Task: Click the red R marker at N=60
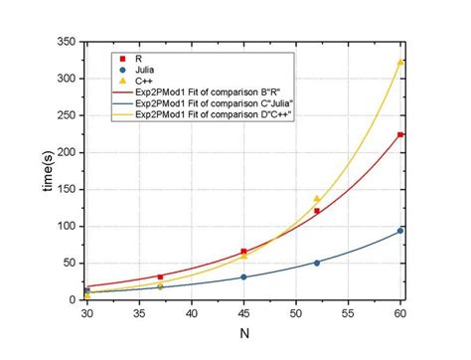point(400,134)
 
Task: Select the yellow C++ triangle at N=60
point(400,62)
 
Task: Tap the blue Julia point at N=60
point(400,231)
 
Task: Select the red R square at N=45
point(243,252)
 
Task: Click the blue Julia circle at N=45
point(243,277)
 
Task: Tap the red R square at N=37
point(160,277)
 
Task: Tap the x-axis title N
point(243,339)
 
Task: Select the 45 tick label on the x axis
point(243,312)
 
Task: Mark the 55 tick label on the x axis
point(348,312)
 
